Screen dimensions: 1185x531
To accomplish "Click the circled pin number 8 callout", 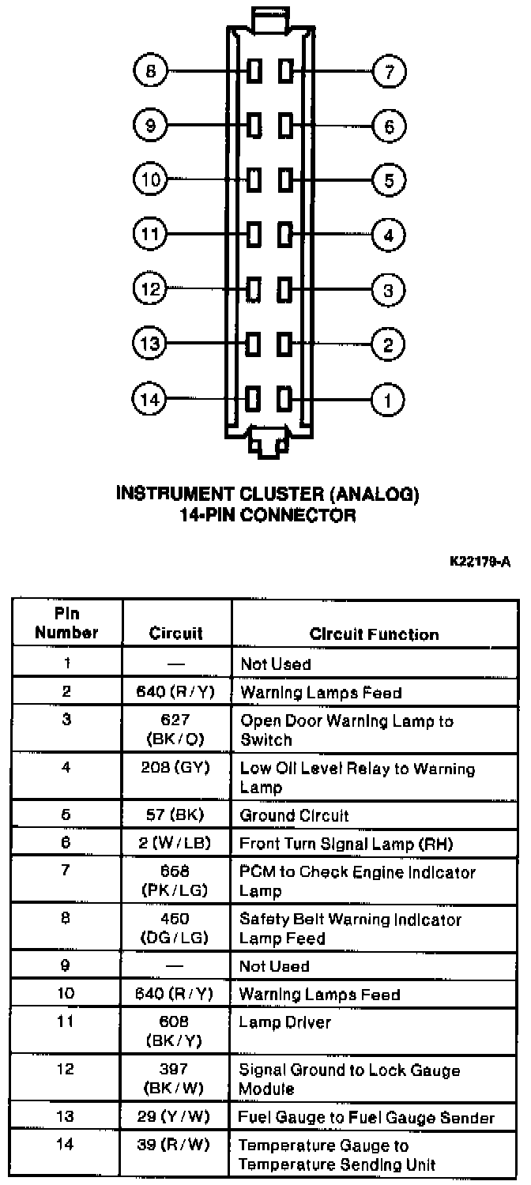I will coord(150,72).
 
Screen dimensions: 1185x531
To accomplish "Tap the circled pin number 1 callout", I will coord(388,400).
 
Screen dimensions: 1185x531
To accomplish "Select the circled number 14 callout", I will coord(150,400).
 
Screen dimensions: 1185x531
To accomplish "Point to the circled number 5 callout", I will coord(388,181).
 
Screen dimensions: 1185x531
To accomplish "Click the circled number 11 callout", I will coord(150,235).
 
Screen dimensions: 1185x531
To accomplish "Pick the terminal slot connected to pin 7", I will coord(285,72).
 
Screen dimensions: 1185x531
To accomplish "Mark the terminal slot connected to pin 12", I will coord(254,289).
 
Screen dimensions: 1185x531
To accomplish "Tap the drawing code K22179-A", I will coord(480,562).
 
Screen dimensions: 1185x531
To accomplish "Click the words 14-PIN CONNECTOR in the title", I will coord(267,516).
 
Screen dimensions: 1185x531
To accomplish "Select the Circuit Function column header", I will coord(374,634).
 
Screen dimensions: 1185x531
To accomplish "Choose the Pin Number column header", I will coord(66,623).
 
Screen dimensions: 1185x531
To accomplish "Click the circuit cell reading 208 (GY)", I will coord(176,768).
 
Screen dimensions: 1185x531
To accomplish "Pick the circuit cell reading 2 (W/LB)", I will coord(176,844).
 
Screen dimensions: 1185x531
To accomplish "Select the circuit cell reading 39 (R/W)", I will coord(176,1145).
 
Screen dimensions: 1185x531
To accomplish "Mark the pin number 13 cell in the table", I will coord(66,1117).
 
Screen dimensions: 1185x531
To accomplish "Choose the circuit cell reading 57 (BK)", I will coord(176,815).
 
